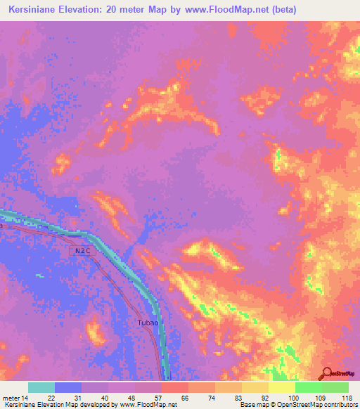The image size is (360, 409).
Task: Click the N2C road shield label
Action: tap(80, 251)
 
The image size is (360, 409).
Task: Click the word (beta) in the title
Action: tap(279, 10)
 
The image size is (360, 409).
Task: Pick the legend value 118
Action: tap(345, 398)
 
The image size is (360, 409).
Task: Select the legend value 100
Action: tap(293, 398)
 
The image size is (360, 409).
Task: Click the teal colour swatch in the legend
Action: tap(41, 387)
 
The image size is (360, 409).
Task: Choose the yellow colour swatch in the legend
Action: tap(281, 387)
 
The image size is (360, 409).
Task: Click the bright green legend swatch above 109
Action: tap(308, 387)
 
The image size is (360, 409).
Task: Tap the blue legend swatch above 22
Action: tap(68, 387)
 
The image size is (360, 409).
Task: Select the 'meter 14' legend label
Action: tap(15, 398)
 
